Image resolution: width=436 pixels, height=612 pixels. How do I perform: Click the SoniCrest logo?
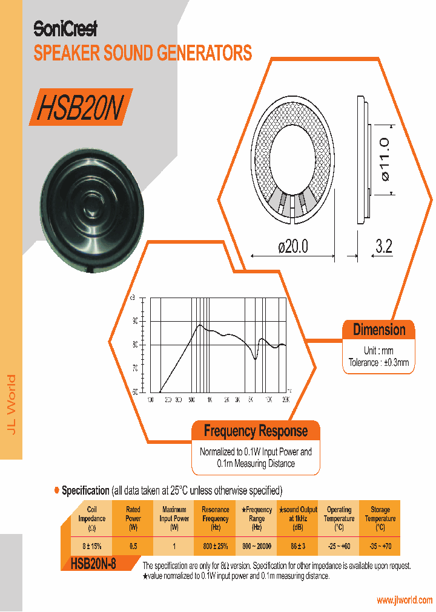coord(65,28)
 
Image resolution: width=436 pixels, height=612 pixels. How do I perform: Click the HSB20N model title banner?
coord(80,108)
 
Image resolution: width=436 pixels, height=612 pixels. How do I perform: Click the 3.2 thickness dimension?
coord(383,247)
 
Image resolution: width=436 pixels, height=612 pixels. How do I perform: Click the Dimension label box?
coord(379,330)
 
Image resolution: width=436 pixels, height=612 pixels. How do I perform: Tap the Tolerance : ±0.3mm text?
coord(379,363)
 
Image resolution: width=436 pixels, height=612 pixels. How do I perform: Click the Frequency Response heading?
coord(256,431)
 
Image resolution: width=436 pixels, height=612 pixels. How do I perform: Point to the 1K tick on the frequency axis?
coord(209,400)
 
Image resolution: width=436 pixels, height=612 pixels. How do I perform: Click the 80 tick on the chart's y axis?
coord(134,344)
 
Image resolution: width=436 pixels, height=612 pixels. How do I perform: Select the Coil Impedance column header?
coord(92,518)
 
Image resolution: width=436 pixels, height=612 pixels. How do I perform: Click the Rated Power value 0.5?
coord(133,546)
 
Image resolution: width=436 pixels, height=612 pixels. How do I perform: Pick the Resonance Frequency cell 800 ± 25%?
coord(215,546)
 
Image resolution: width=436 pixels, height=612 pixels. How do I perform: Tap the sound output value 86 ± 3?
coord(297,546)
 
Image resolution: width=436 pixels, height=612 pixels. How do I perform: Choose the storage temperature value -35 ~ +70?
coord(380,546)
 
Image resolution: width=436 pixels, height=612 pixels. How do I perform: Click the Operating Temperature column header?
coord(339,518)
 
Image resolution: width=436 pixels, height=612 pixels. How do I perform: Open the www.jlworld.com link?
coord(405,600)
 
